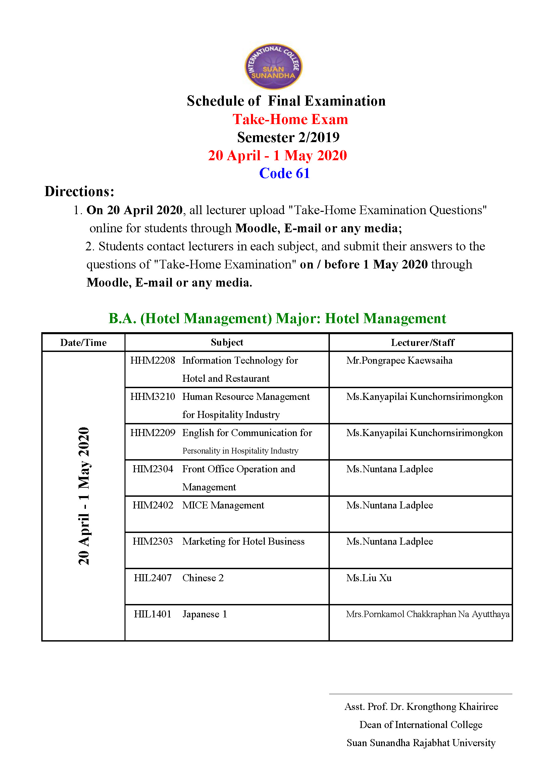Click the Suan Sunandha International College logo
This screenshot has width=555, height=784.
pos(273,66)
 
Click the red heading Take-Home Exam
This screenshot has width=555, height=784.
pos(290,120)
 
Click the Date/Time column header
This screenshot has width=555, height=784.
pos(84,343)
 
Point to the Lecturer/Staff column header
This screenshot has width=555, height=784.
pos(422,343)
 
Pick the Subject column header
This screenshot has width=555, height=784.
pos(227,343)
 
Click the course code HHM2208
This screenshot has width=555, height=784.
pos(153,361)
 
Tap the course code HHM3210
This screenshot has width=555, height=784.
pos(153,397)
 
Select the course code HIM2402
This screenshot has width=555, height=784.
pos(153,505)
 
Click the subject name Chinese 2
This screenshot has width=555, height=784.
pos(203,578)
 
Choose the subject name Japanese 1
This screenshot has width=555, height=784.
pos(205,614)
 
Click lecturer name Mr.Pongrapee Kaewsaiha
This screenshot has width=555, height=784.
pos(399,361)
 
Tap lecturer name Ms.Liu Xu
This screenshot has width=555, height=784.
pos(369,578)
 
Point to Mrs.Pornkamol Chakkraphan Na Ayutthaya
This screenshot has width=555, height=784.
pos(427,614)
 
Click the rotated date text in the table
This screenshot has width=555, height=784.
pos(84,496)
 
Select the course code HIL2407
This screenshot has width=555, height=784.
pos(153,578)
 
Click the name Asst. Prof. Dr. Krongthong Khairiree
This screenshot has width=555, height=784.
pos(421,707)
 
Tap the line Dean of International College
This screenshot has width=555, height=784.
pos(421,725)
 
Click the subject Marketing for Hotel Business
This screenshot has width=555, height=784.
pos(243,542)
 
